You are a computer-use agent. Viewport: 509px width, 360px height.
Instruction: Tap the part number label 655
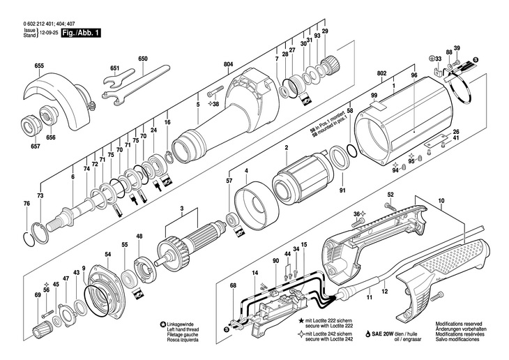click(38, 66)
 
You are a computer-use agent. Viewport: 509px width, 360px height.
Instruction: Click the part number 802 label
click(381, 73)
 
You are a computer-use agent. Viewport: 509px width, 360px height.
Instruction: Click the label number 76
click(26, 203)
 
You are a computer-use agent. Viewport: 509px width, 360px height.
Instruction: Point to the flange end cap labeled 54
click(105, 286)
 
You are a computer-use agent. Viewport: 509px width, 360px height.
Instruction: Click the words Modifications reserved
click(458, 324)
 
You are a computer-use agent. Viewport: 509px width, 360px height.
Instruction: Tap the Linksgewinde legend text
click(184, 324)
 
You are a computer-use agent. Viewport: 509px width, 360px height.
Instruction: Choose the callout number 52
click(390, 194)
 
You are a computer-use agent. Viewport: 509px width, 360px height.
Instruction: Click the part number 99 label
click(374, 95)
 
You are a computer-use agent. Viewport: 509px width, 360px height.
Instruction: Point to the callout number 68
click(233, 285)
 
